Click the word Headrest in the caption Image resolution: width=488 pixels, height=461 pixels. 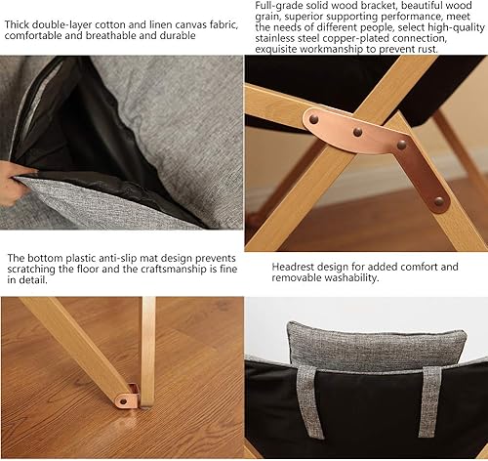pyautogui.click(x=298, y=267)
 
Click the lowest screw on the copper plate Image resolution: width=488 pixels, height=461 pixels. pyautogui.click(x=438, y=201)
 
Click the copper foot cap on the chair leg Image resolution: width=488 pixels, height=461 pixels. pyautogui.click(x=129, y=396)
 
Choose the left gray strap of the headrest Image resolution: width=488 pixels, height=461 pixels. pyautogui.click(x=307, y=401)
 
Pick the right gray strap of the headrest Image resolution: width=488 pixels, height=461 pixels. pyautogui.click(x=429, y=401)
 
